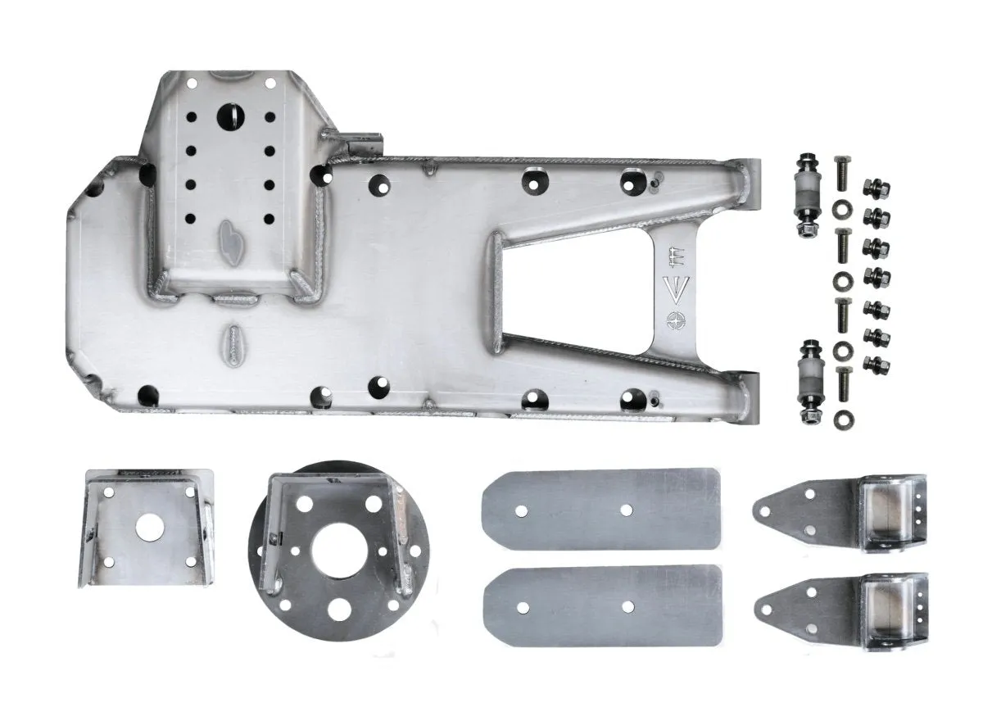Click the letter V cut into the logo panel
pyautogui.click(x=680, y=288)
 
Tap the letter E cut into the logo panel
pyautogui.click(x=678, y=256)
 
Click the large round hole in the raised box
pyautogui.click(x=230, y=116)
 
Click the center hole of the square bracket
pyautogui.click(x=148, y=528)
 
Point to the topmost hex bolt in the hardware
pyautogui.click(x=840, y=173)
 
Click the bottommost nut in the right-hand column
pyautogui.click(x=877, y=361)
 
